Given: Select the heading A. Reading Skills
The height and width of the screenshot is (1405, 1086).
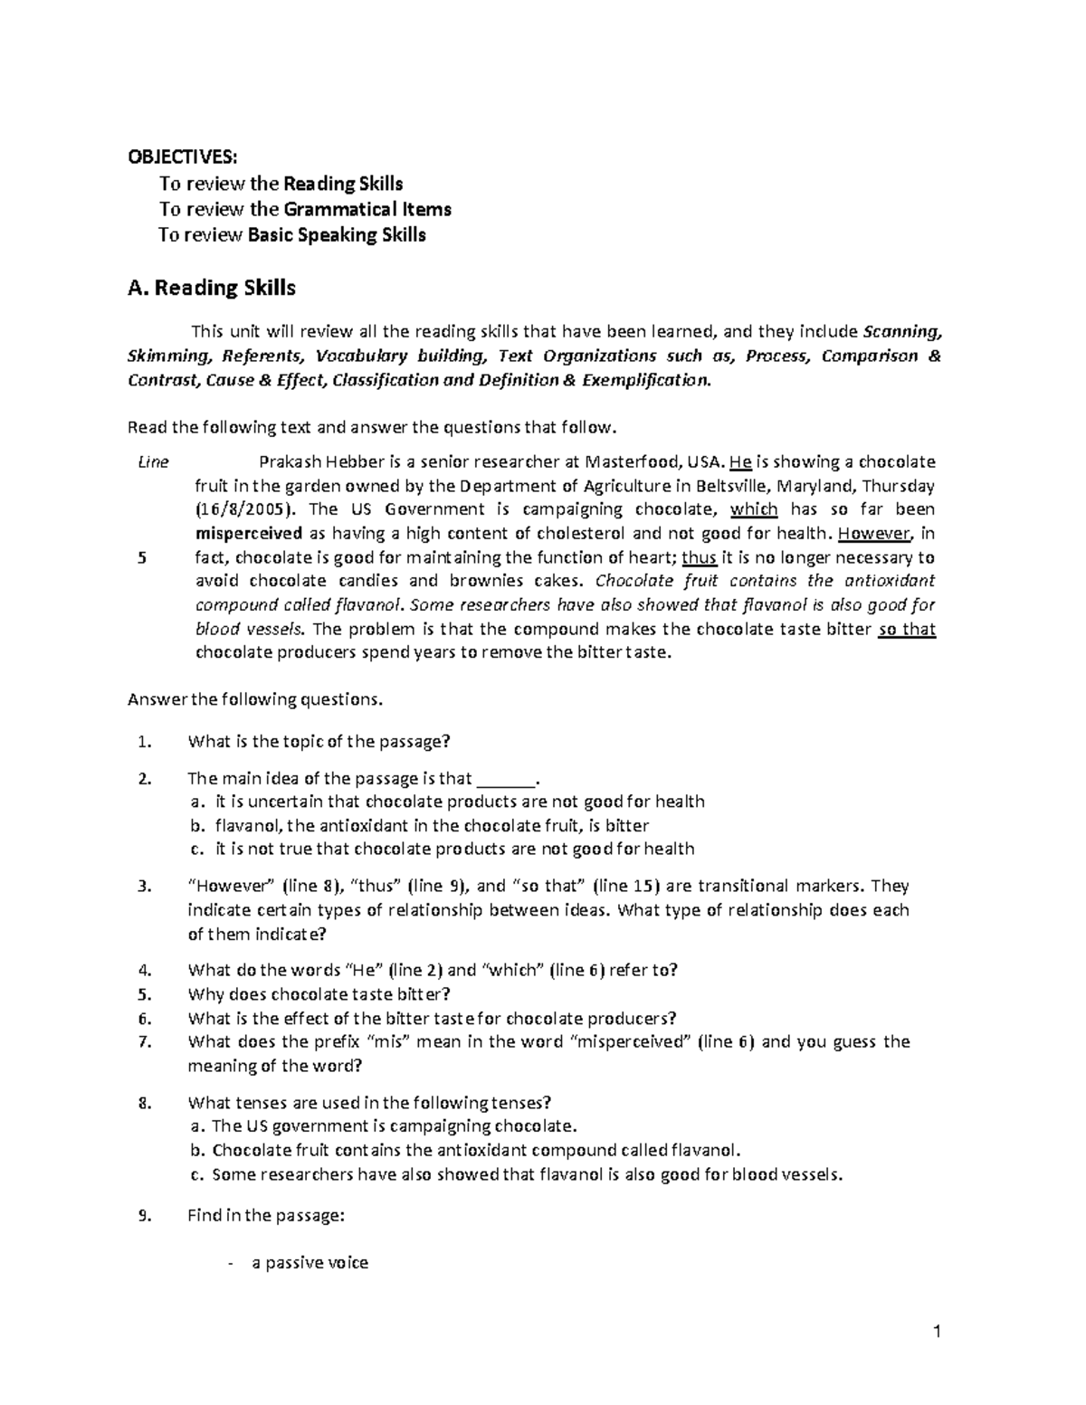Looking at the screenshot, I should point(212,289).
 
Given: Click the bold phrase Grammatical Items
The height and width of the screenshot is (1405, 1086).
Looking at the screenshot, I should point(367,210).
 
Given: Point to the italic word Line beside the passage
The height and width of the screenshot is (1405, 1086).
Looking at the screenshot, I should point(153,462).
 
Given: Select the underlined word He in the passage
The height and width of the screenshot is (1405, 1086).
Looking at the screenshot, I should point(739,462).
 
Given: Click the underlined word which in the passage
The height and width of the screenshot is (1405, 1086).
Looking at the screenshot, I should point(754,509).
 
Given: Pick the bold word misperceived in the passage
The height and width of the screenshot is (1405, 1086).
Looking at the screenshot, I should point(249,534).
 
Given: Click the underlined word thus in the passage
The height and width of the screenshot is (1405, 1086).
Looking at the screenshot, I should point(698,557).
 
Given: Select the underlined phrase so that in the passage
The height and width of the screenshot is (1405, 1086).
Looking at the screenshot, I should point(907,629).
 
